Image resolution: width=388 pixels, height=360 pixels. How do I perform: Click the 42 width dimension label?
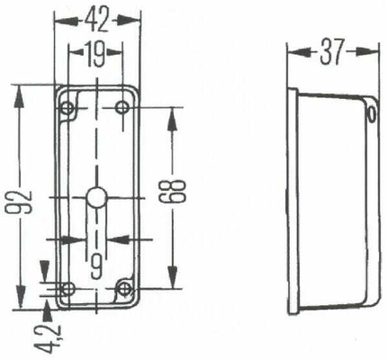pos(96,21)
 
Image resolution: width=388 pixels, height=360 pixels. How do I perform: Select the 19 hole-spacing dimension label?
pos(95,54)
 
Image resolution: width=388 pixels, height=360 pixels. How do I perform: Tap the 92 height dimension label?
pos(20,202)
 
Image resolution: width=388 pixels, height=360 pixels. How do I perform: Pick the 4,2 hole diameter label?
pos(48,337)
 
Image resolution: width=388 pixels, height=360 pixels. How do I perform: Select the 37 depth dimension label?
pos(331,52)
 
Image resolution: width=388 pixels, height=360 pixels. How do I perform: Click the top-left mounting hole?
pos(68,107)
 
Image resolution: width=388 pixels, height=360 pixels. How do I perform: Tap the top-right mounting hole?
pos(122,107)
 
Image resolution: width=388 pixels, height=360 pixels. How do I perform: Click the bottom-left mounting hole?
pos(68,289)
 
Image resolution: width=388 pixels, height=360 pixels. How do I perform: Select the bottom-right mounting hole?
pos(122,289)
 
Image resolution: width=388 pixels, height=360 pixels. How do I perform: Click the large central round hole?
pos(96,197)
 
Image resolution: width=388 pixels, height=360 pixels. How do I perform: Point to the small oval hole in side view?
pos(372,114)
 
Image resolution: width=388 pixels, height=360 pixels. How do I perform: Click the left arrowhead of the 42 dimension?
pos(65,21)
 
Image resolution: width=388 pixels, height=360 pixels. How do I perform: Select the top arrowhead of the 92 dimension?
pos(20,96)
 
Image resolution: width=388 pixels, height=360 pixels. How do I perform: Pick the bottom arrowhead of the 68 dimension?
pos(172,276)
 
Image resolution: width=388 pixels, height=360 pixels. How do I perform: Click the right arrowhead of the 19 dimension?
pos(114,53)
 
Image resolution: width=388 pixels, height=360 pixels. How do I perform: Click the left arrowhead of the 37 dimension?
pos(298,52)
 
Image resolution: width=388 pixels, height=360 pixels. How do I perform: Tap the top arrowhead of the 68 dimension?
pos(172,119)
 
